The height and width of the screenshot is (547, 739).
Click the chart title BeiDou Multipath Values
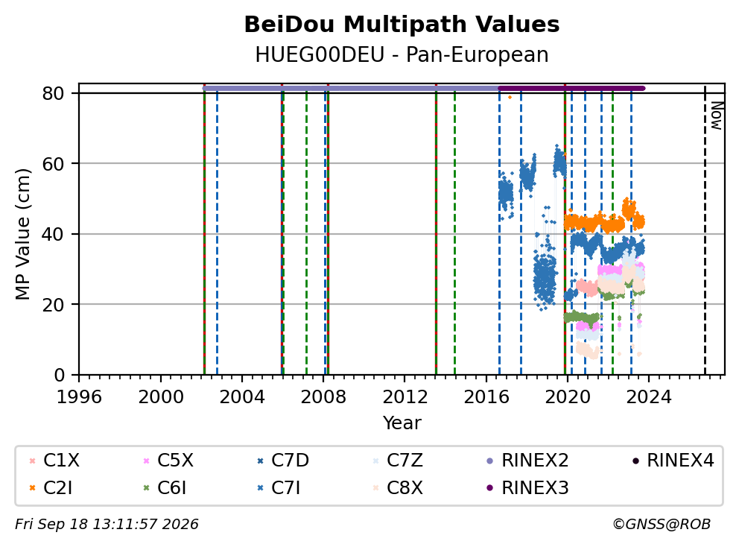pos(402,25)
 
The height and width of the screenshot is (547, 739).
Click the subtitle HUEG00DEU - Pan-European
pos(402,54)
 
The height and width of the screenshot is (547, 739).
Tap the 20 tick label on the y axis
pos(53,305)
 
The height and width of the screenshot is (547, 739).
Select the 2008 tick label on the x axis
pos(323,397)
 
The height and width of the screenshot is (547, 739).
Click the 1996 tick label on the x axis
pos(79,397)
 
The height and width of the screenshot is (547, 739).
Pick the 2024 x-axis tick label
pos(649,397)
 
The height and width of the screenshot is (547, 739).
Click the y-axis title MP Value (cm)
pos(22,234)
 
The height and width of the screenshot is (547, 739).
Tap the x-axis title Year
pos(402,423)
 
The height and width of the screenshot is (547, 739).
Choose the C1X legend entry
pos(54,461)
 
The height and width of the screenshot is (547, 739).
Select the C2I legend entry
pos(51,487)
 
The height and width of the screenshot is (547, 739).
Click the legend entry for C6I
pos(165,487)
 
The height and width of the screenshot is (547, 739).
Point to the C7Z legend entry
pos(397,461)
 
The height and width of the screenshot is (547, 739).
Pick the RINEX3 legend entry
pos(527,487)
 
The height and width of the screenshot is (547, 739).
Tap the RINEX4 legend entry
pos(673,461)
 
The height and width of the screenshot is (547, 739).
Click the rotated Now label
pos(717,116)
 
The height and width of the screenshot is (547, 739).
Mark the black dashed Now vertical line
pos(705,230)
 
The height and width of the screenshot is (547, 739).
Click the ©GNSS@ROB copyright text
pos(662,524)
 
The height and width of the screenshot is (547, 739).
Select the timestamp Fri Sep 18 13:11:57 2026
pos(107,524)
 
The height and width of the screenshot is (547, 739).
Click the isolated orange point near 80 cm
pos(510,97)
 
